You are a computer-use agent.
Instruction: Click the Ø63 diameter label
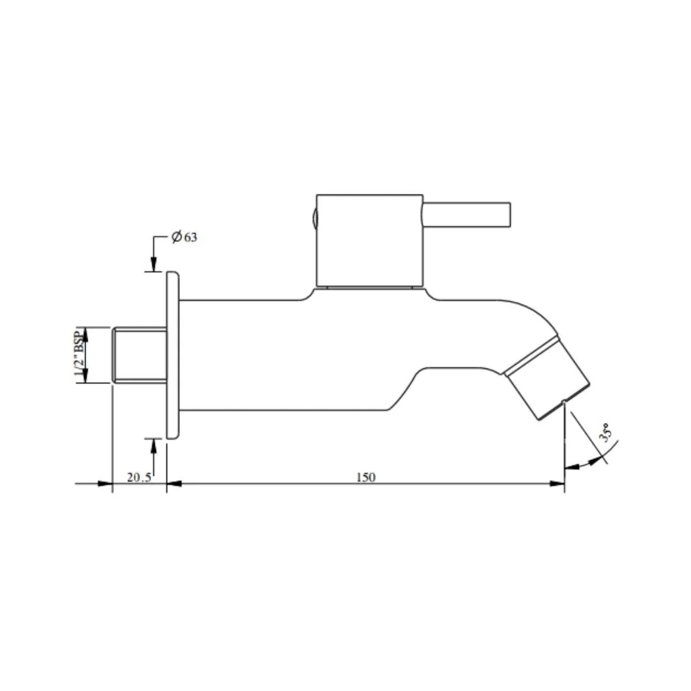(184, 237)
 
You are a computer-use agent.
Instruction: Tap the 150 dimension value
(366, 477)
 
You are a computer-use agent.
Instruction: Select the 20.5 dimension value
(139, 477)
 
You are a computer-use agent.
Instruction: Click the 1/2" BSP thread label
(80, 355)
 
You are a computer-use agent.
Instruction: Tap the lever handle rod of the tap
(466, 214)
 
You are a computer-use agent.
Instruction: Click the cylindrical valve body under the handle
(370, 240)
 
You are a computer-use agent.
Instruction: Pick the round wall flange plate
(173, 355)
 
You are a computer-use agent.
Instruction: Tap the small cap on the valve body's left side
(314, 218)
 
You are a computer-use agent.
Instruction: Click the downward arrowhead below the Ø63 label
(154, 265)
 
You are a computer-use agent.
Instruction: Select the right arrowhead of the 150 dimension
(558, 484)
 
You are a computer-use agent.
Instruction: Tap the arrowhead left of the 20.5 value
(106, 484)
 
